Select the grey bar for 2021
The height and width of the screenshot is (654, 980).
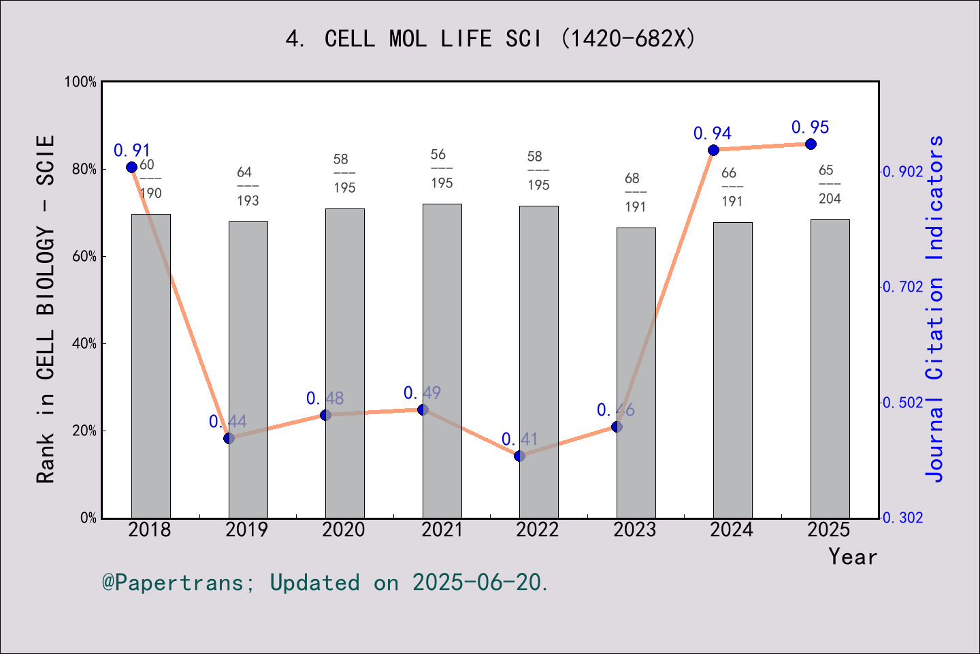pos(442,361)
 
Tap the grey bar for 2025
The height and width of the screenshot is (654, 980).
pos(830,369)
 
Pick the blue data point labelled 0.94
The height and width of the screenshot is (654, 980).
pos(713,151)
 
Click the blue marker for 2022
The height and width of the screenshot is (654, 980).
pos(519,456)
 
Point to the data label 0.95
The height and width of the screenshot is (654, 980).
pos(810,127)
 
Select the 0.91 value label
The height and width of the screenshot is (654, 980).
pos(132,151)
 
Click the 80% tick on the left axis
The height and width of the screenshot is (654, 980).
pos(84,170)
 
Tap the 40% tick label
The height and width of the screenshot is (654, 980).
pos(84,344)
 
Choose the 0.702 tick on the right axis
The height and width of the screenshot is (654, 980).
pos(903,287)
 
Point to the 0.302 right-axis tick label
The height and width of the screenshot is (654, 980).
pos(903,518)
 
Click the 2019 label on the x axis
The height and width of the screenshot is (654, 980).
pos(246,530)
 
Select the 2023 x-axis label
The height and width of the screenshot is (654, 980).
pos(634,530)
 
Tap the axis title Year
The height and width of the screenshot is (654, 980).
pos(852,557)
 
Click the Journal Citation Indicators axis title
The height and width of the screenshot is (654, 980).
pos(935,309)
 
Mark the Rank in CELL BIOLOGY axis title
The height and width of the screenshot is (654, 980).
pos(46,309)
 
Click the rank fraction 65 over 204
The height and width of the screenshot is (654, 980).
pos(829,185)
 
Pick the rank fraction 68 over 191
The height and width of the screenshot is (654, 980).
pos(635,193)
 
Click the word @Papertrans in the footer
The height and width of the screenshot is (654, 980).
pos(173,583)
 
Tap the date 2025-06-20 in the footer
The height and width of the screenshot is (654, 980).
pos(477,583)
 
